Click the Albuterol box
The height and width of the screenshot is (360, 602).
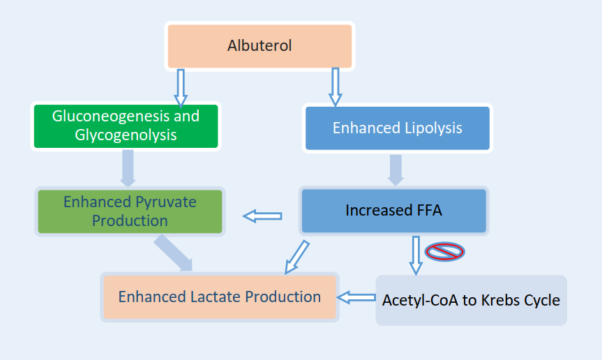coord(259,46)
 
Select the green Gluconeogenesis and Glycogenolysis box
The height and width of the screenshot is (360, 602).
coord(126,126)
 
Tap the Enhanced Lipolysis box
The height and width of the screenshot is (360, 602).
coord(398,128)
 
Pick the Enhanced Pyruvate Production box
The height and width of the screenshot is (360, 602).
coord(130,211)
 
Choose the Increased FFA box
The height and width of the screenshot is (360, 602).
coord(394,211)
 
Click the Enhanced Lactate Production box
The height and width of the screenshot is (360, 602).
coord(220,297)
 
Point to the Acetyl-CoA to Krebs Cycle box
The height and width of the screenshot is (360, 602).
coord(471,300)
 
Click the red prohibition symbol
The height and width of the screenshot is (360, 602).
coord(444,252)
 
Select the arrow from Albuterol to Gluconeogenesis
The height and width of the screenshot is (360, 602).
coord(181,88)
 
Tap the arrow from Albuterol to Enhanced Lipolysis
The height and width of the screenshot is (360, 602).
coord(335,87)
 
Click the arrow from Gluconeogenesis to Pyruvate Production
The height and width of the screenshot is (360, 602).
coord(128,168)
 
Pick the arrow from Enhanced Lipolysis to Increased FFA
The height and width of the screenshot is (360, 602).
coord(396,170)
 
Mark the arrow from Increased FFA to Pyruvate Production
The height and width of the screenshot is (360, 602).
coord(262,216)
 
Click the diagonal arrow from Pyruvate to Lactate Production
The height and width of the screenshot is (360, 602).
coord(174,253)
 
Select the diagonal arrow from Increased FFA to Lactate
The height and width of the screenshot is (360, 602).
coord(296,257)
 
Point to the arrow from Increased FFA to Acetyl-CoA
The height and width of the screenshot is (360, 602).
coord(416,255)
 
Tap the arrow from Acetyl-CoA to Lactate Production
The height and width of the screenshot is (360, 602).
coord(356,297)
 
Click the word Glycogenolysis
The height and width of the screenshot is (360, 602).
coord(126,135)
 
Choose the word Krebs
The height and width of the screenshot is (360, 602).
coord(498,300)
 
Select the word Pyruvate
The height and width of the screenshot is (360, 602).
coord(166,202)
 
